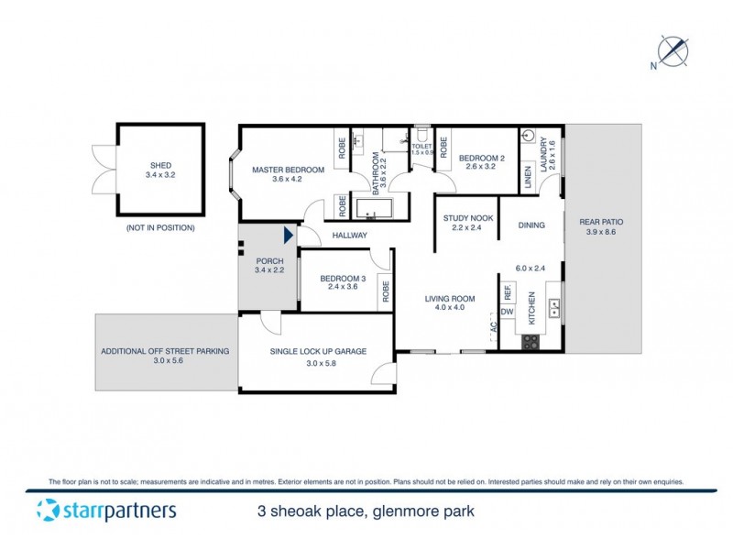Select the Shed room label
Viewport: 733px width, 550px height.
coord(160,166)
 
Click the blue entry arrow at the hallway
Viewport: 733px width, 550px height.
coord(289,236)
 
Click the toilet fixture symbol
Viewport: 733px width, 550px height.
coord(422,133)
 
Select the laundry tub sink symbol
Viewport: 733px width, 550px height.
coord(529,137)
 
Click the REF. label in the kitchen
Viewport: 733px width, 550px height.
coord(507,291)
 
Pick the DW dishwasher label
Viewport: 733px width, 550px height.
coord(507,313)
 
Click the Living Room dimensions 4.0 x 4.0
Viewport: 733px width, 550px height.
coord(450,307)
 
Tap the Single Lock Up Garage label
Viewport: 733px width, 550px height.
coord(318,351)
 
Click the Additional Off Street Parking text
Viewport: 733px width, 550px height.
coord(165,351)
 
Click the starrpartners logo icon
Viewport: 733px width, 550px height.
coord(49,511)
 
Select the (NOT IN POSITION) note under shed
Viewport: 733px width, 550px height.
coord(160,227)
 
